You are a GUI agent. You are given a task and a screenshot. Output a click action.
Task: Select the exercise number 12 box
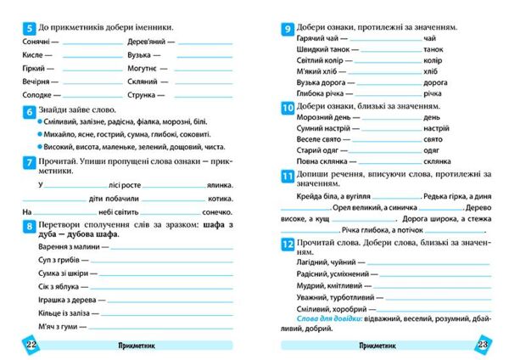(288, 245)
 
